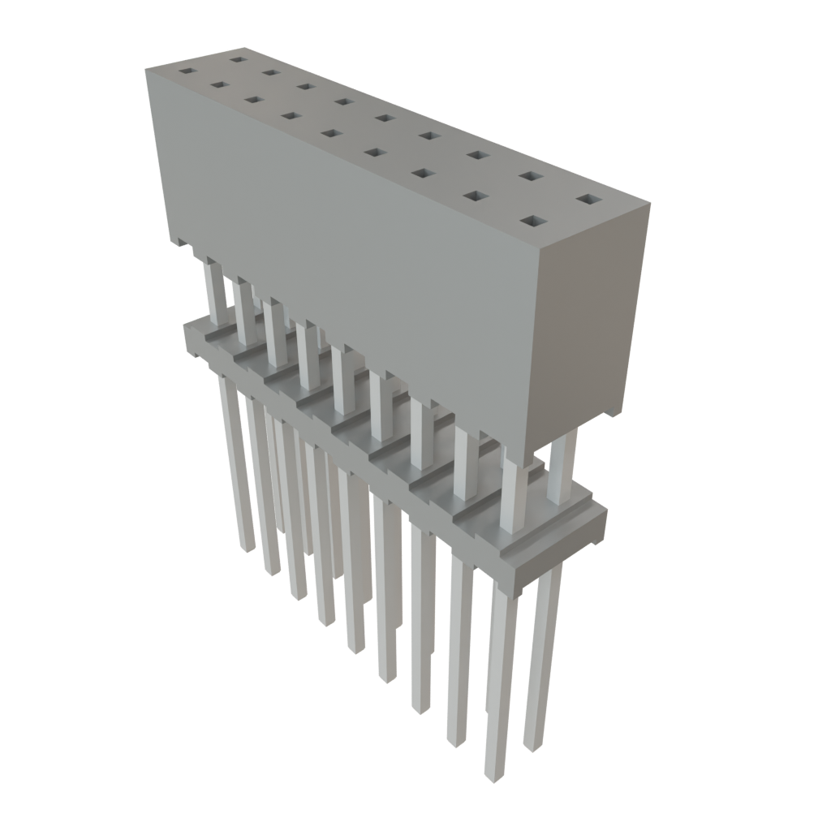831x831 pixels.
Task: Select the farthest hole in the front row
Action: pyautogui.click(x=186, y=71)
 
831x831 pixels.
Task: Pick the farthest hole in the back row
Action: pyautogui.click(x=236, y=58)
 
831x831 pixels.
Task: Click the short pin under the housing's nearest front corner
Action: pyautogui.click(x=511, y=495)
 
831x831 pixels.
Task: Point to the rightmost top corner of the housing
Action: pyautogui.click(x=650, y=205)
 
